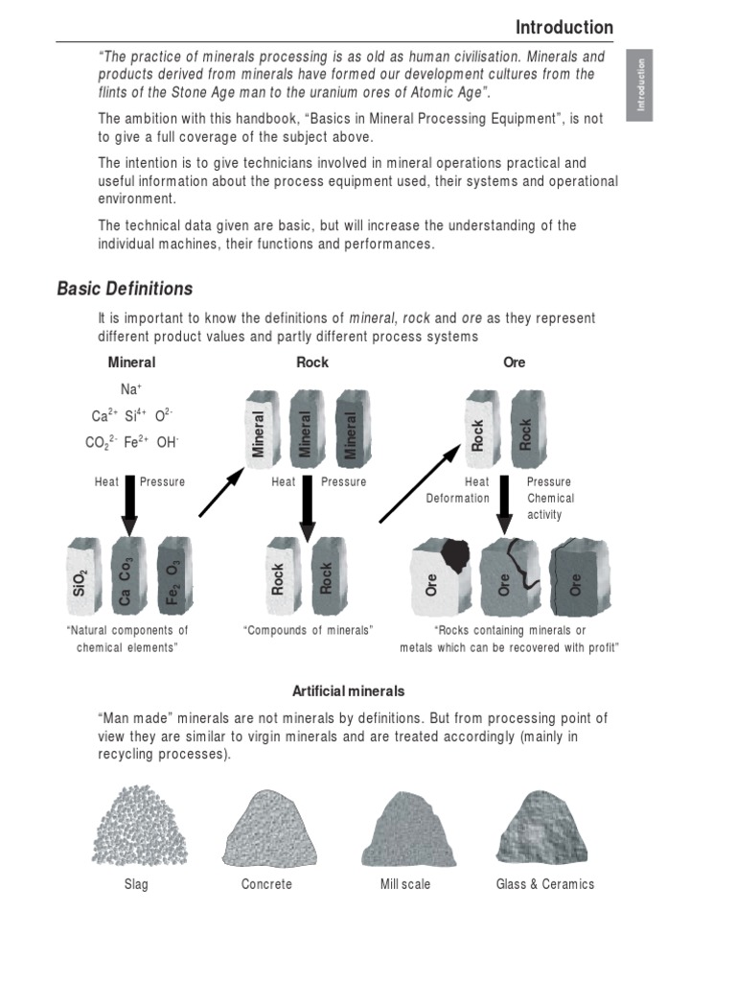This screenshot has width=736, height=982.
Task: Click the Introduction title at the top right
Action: tap(563, 27)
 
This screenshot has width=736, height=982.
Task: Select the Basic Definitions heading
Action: tap(125, 289)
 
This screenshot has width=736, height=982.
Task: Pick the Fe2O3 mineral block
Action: tap(172, 578)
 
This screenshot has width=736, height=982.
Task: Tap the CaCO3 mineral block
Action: tap(126, 578)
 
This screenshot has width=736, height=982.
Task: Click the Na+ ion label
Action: tap(130, 388)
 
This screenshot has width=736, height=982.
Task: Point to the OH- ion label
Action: tap(168, 442)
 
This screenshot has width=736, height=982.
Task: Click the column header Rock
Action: tap(312, 362)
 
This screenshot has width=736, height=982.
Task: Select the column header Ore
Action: tap(514, 362)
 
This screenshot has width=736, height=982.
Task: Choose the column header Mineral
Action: tap(131, 362)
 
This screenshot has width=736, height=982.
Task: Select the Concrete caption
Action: tap(266, 884)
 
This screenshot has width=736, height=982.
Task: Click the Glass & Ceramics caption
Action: tap(544, 884)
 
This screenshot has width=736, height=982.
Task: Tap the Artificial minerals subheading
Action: tap(348, 690)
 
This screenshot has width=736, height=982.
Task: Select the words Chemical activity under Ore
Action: tap(551, 506)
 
